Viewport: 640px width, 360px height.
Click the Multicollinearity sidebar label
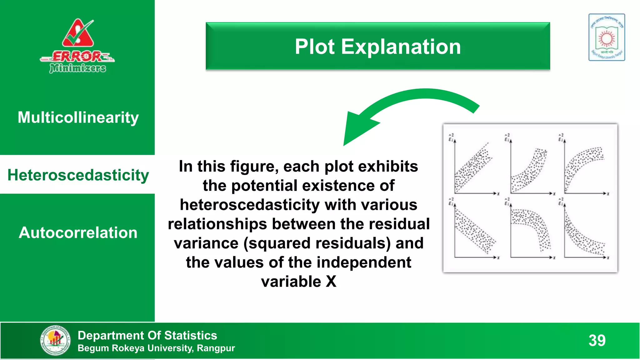click(78, 117)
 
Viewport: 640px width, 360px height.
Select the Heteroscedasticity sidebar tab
click(78, 175)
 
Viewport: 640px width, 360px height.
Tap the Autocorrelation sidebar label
click(78, 232)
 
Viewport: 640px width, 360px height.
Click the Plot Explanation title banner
click(377, 46)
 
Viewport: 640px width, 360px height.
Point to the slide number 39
click(597, 340)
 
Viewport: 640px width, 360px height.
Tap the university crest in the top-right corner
click(607, 37)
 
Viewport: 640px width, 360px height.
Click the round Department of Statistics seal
click(55, 340)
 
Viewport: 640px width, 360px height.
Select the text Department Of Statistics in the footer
click(147, 335)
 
